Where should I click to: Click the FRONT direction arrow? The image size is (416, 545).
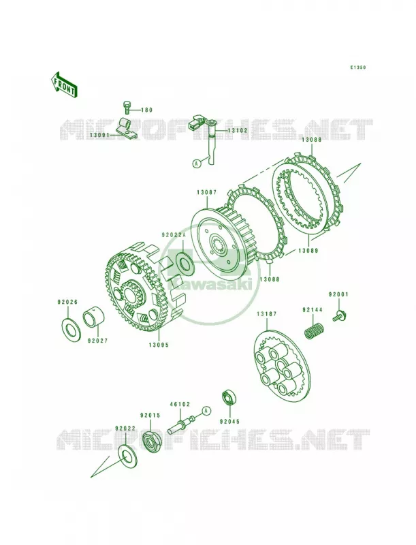pyautogui.click(x=64, y=84)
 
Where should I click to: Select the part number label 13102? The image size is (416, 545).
pyautogui.click(x=237, y=131)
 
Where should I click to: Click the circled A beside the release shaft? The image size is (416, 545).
pyautogui.click(x=197, y=163)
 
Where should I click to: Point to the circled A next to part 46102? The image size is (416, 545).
pyautogui.click(x=206, y=411)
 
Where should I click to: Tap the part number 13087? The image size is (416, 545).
pyautogui.click(x=206, y=191)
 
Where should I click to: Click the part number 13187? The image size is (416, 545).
pyautogui.click(x=267, y=314)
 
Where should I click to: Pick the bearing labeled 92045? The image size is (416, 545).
pyautogui.click(x=229, y=399)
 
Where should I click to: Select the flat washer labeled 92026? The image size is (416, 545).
pyautogui.click(x=71, y=328)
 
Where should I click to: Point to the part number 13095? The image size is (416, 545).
pyautogui.click(x=159, y=345)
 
